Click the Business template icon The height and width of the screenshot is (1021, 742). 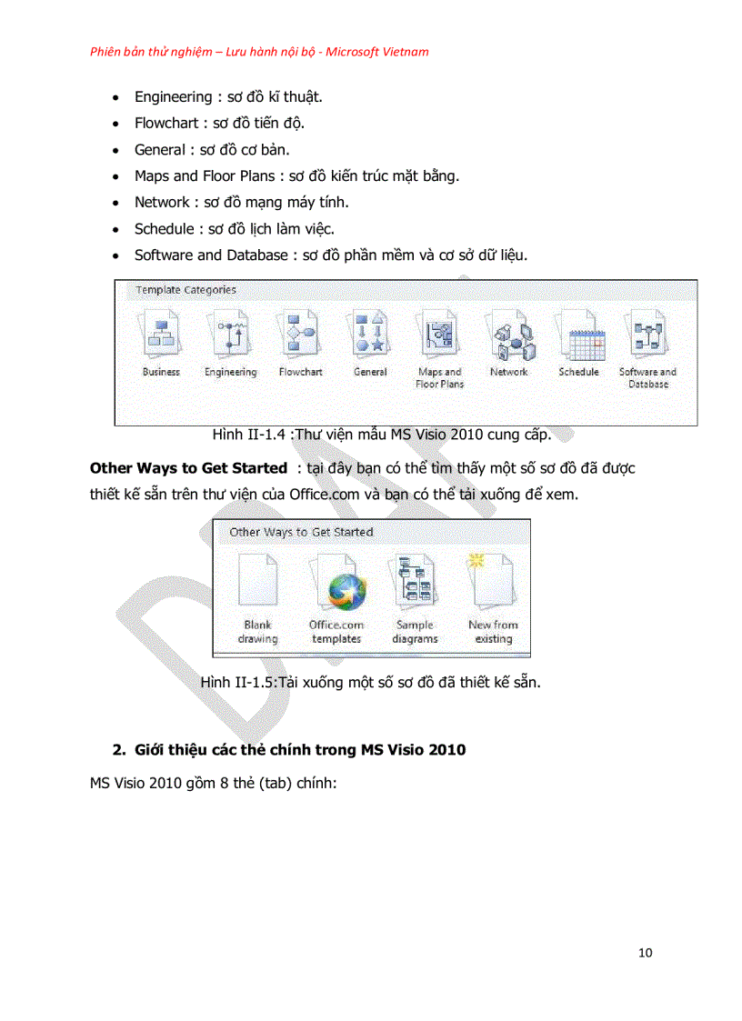[x=161, y=335]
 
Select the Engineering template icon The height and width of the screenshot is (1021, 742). [x=230, y=335]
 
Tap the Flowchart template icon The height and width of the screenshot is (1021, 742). [x=300, y=335]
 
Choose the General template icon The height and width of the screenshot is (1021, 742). [x=369, y=335]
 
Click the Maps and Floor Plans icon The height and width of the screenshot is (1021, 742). [x=439, y=335]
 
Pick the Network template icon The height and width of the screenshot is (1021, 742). [x=509, y=335]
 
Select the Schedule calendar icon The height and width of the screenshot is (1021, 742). [x=579, y=335]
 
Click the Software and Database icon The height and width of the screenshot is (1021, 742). [x=647, y=335]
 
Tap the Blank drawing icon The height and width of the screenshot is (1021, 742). [x=257, y=585]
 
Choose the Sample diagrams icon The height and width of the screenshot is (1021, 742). [x=415, y=585]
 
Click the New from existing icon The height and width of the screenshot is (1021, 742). [x=492, y=585]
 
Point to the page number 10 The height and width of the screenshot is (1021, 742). [x=645, y=953]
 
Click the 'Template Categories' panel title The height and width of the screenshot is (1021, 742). [x=185, y=290]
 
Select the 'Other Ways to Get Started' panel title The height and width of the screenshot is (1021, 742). [x=301, y=532]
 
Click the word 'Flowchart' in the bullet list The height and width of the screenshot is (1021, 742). [x=166, y=123]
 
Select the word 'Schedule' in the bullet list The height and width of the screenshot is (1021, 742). [x=164, y=228]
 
